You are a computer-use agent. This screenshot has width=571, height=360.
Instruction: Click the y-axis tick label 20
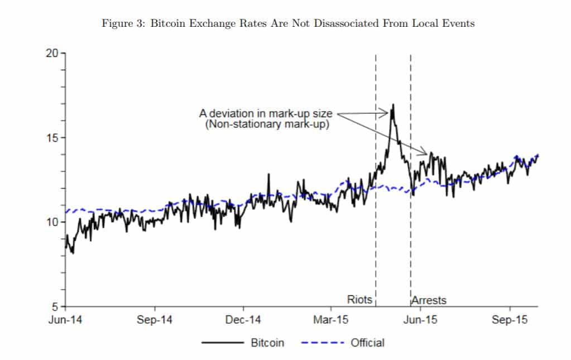pos(52,54)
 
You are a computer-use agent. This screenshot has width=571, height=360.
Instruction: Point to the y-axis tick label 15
pos(52,138)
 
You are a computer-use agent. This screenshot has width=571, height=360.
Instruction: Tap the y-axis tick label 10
pos(52,222)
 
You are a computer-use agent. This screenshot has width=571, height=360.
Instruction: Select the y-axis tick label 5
pos(55,306)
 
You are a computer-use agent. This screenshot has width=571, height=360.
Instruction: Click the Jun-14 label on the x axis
pos(65,320)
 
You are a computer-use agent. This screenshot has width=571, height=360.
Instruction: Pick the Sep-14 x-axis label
pos(154,320)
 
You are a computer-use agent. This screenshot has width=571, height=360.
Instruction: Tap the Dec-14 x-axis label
pos(244,320)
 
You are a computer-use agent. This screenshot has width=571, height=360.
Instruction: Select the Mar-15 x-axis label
pos(331,320)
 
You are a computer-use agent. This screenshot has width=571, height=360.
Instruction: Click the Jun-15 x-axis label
pos(421,320)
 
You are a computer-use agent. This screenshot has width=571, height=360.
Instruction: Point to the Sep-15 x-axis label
pos(510,320)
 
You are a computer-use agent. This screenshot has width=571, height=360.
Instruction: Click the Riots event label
pos(359,300)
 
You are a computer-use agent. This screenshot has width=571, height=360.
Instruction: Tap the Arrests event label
pos(429,300)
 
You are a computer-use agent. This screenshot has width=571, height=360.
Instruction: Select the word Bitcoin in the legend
pos(267,343)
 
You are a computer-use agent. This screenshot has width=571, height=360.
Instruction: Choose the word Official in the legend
pos(367,343)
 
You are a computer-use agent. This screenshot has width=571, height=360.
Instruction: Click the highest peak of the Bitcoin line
pos(393,104)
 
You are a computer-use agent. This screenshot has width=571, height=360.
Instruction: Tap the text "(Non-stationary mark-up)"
pos(267,124)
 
